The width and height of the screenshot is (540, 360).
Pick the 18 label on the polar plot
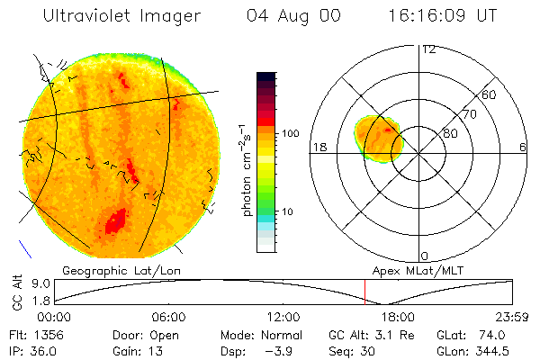tap(319, 147)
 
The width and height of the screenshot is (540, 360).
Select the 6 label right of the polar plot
tap(523, 147)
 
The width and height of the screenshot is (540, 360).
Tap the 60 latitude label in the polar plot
tap(490, 94)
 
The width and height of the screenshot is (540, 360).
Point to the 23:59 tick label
tap(515, 317)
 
